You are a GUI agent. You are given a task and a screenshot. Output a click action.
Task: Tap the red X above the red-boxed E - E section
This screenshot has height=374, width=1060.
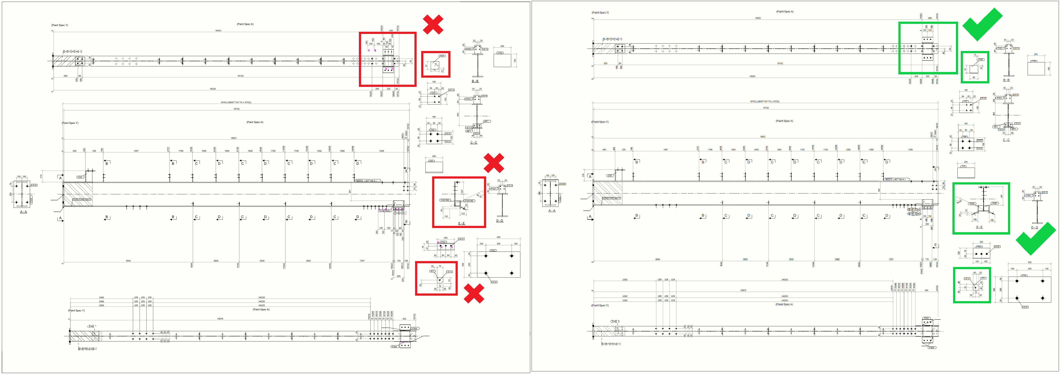pyautogui.click(x=494, y=163)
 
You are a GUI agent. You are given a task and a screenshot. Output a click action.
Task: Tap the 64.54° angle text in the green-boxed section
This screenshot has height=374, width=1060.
pyautogui.click(x=959, y=201)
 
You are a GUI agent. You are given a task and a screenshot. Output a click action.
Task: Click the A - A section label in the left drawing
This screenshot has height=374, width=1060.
pyautogui.click(x=23, y=212)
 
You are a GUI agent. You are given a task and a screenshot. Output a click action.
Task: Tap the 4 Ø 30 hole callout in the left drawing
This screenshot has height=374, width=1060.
pyautogui.click(x=493, y=282)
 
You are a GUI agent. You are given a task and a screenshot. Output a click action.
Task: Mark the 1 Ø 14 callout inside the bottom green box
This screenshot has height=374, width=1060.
pyautogui.click(x=967, y=278)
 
